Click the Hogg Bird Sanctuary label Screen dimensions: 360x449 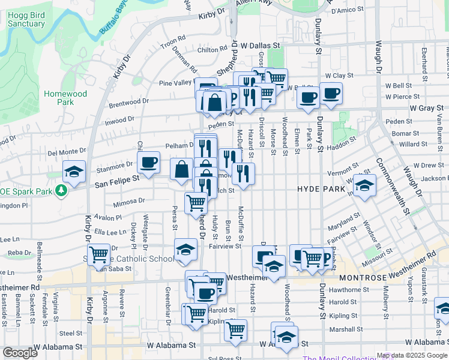[27, 19]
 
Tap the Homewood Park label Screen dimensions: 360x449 [65, 98]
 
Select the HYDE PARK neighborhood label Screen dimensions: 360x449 [321, 188]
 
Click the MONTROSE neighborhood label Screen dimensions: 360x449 [366, 278]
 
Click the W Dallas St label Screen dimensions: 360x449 [261, 45]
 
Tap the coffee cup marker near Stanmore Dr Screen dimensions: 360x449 [149, 161]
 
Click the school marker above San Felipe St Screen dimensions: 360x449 [74, 172]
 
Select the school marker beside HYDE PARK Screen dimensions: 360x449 [364, 185]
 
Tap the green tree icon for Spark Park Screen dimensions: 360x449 [61, 190]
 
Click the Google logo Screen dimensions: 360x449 [20, 353]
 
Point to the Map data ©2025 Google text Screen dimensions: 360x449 [411, 355]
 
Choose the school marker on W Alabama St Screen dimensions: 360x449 [287, 337]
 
